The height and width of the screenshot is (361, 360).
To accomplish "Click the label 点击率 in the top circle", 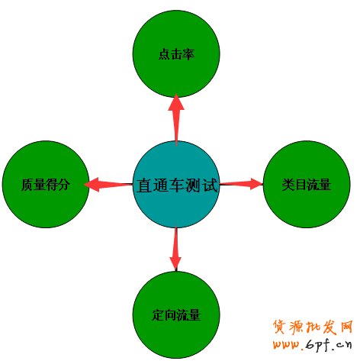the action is point(176,54).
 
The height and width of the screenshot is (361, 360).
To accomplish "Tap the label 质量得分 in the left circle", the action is point(46,185).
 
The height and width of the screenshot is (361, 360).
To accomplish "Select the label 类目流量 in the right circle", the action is point(307,185).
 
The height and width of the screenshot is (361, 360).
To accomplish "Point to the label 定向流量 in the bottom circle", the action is point(176,315).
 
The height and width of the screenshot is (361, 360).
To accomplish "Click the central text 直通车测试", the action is point(177,185).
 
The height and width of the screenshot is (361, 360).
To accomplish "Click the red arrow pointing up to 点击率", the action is point(176,120).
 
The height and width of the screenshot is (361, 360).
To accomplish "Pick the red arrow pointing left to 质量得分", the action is point(108,185).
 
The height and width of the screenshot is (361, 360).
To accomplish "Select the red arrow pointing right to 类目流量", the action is point(241,184).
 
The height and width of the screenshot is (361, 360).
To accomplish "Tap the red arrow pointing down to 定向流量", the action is point(175,248).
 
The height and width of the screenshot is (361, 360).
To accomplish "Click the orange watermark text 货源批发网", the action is point(313,327).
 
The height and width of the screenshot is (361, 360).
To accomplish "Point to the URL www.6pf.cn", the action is point(313,345).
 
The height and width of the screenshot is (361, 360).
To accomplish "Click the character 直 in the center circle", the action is point(144,185).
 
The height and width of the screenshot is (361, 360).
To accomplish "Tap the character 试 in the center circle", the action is point(210,185).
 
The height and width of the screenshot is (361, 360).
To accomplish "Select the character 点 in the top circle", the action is point(164,54).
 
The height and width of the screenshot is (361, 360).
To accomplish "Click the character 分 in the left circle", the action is point(64,185).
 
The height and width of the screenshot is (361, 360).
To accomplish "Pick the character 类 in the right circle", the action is point(288,185).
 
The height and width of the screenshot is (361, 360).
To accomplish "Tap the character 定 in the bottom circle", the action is point(158,315).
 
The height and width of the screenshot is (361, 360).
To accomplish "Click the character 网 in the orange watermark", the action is point(346,327).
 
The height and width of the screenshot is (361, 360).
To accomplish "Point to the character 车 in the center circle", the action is point(177,185).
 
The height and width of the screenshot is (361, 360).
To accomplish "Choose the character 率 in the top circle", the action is point(188,54).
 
